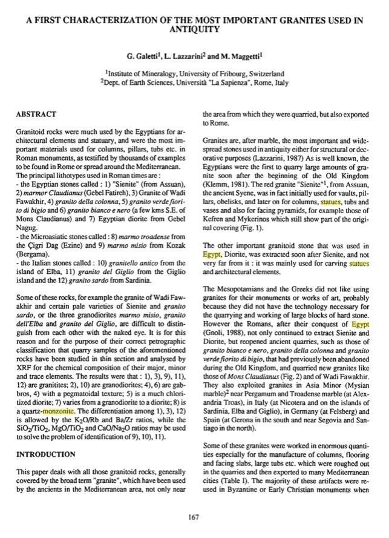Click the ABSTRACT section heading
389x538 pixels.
click(37, 113)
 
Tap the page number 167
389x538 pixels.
click(194, 516)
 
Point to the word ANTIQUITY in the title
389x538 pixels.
click(194, 28)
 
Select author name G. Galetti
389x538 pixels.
click(141, 58)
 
